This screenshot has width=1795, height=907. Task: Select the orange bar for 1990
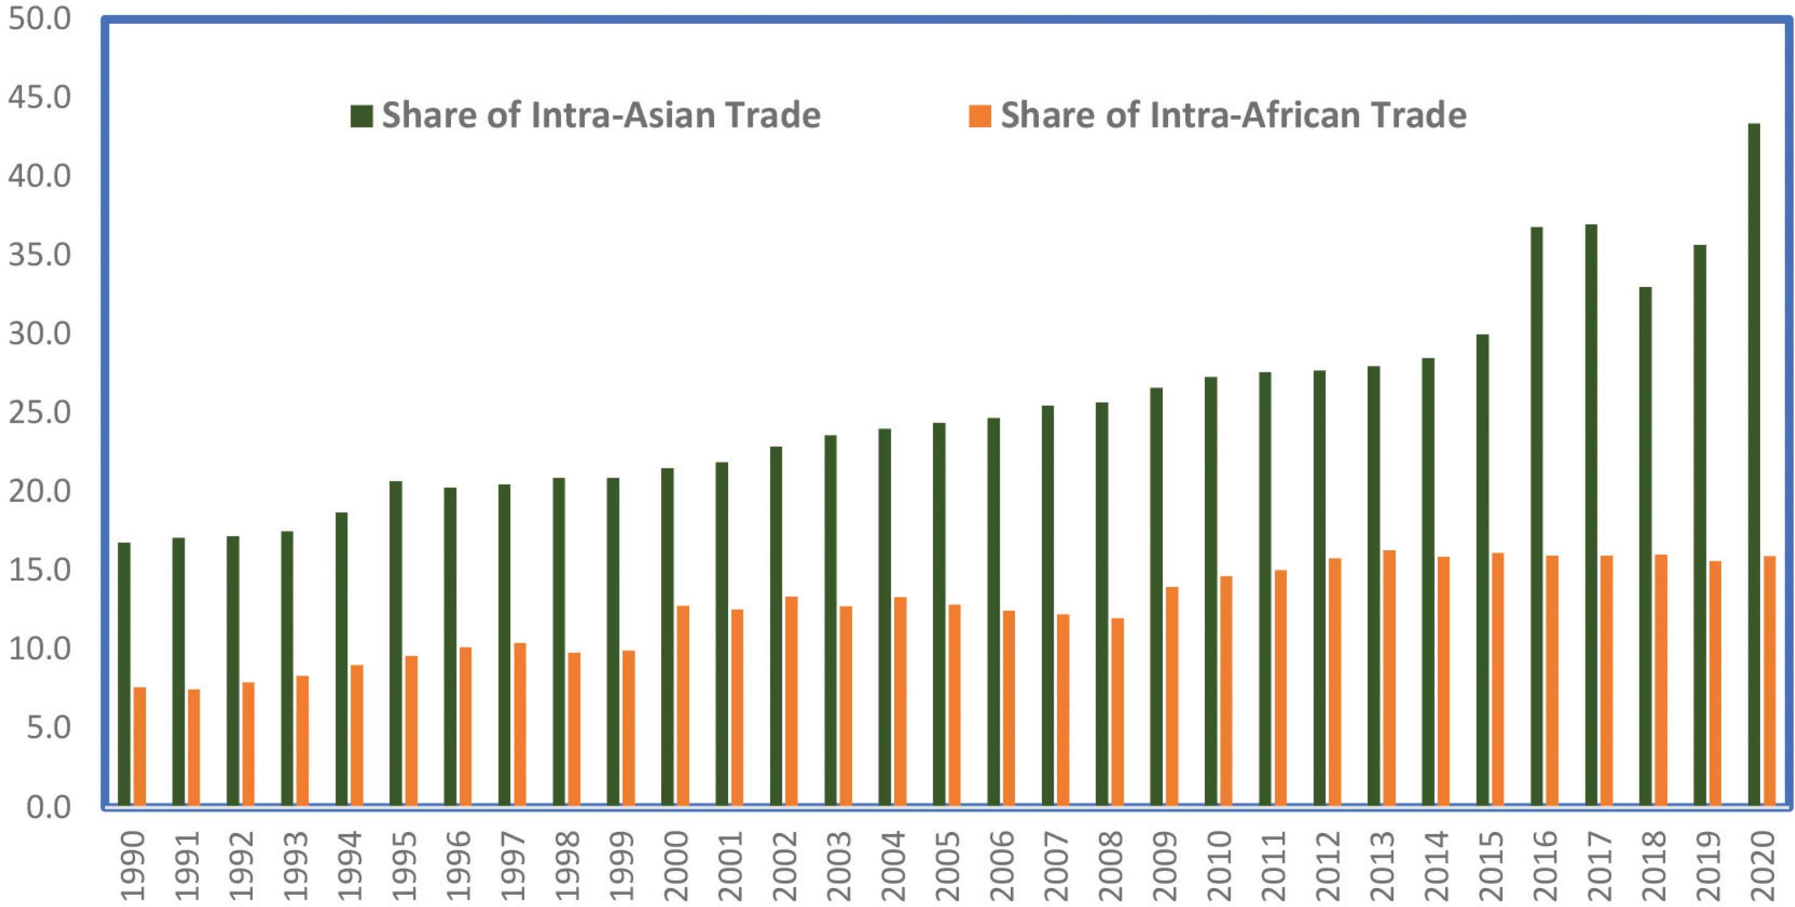139,746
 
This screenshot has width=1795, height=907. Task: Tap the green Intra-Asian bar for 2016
1536,517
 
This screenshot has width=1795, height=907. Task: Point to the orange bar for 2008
1117,713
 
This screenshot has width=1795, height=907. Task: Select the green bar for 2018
1645,547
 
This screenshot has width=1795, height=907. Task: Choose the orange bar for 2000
683,706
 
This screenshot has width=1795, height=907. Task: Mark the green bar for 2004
884,617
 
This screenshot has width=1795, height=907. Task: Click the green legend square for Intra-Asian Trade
361,115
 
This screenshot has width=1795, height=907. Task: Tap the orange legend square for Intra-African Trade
980,115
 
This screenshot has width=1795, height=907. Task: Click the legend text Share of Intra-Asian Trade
601,115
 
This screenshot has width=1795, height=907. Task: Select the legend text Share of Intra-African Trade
1233,115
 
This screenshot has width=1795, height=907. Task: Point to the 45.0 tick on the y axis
39,97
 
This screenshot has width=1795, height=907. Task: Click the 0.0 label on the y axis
49,807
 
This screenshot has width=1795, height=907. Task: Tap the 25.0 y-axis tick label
39,413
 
